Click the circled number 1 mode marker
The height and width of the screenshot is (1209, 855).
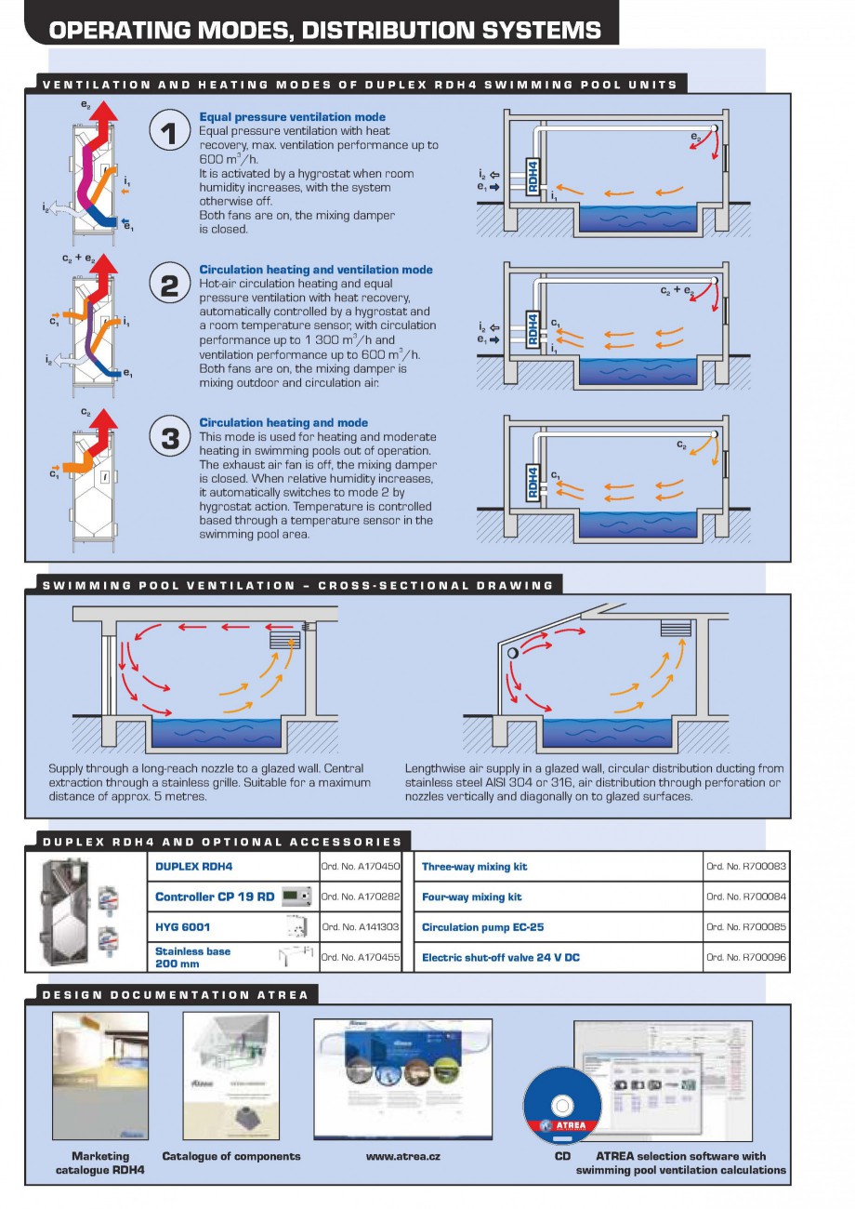(x=169, y=134)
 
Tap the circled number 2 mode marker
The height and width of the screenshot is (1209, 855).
(x=169, y=286)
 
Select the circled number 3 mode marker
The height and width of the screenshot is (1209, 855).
(x=169, y=438)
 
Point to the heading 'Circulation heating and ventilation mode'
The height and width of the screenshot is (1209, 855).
(x=316, y=270)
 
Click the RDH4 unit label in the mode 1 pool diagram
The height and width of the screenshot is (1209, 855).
(x=533, y=175)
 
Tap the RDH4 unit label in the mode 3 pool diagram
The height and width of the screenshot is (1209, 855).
(x=533, y=482)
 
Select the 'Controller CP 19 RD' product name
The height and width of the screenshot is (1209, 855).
(x=215, y=897)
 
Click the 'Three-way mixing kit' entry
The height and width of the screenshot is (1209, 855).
(x=474, y=867)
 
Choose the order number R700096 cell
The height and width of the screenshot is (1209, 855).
(x=746, y=957)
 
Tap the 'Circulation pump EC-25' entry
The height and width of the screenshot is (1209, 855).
(x=482, y=927)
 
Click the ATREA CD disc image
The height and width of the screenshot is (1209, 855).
(x=562, y=1106)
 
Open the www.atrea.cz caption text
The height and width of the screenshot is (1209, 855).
(x=403, y=1156)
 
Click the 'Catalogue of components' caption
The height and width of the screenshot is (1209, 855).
(x=231, y=1156)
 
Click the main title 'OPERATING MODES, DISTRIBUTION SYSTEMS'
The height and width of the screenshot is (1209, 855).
(x=324, y=31)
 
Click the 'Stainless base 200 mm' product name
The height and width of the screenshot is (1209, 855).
(x=192, y=957)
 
